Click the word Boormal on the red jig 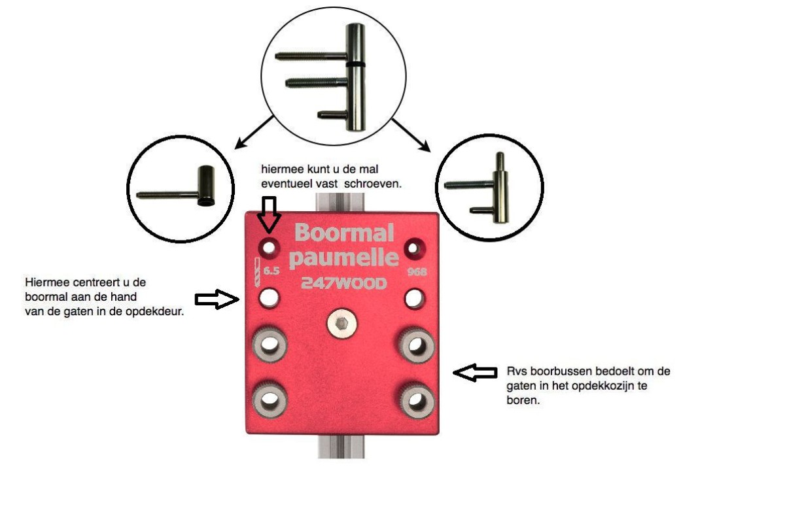[x=345, y=233]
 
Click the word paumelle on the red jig [x=343, y=258]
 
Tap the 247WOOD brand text [x=343, y=284]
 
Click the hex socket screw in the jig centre [x=340, y=324]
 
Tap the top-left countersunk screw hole [x=268, y=247]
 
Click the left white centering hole [x=268, y=299]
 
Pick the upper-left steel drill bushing [x=268, y=344]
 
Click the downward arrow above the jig [x=268, y=214]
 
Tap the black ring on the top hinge [x=357, y=64]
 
